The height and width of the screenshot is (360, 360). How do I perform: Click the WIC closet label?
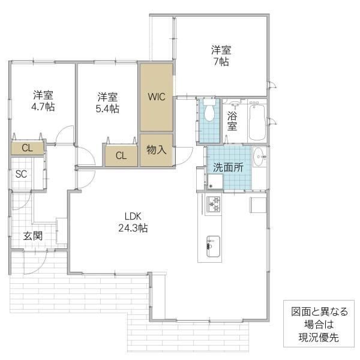pyautogui.click(x=157, y=97)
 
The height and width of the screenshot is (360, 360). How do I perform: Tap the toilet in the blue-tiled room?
pyautogui.click(x=209, y=110)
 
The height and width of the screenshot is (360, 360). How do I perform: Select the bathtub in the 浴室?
pyautogui.click(x=257, y=121)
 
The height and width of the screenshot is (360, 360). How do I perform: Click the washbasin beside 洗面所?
pyautogui.click(x=259, y=157)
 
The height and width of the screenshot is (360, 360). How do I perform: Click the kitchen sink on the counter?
pyautogui.click(x=213, y=247)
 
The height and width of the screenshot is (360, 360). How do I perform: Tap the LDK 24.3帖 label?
pyautogui.click(x=133, y=222)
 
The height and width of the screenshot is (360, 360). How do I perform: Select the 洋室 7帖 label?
pyautogui.click(x=221, y=56)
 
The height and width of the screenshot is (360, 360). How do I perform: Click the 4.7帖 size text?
pyautogui.click(x=43, y=107)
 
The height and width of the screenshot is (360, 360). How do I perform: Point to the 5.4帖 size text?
pyautogui.click(x=107, y=109)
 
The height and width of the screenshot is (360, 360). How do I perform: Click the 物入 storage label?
pyautogui.click(x=157, y=149)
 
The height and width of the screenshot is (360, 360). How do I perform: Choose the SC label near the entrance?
pyautogui.click(x=21, y=174)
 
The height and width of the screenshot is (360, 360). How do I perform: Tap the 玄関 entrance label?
pyautogui.click(x=33, y=236)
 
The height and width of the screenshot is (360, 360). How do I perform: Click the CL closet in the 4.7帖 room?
pyautogui.click(x=28, y=148)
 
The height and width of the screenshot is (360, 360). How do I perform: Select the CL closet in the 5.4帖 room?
pyautogui.click(x=121, y=155)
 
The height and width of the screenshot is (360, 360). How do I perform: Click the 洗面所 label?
pyautogui.click(x=228, y=167)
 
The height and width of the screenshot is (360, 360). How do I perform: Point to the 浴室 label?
pyautogui.click(x=232, y=121)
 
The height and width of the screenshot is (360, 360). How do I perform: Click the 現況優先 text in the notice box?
pyautogui.click(x=319, y=337)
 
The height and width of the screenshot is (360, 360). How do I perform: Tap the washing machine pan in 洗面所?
pyautogui.click(x=215, y=181)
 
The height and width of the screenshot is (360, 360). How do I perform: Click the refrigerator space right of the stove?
pyautogui.click(x=258, y=205)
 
